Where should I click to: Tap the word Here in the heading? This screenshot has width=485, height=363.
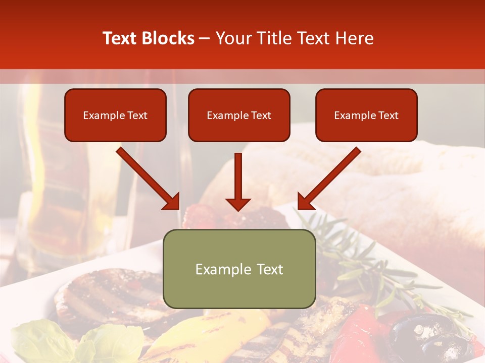[x=354, y=38]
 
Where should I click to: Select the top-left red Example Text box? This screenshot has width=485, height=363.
[x=115, y=115]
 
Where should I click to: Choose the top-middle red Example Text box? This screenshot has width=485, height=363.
[x=239, y=115]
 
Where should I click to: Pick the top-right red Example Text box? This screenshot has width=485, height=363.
[x=366, y=115]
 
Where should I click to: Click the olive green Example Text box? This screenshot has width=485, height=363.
[x=239, y=269]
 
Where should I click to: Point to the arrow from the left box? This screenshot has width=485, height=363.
[x=148, y=178]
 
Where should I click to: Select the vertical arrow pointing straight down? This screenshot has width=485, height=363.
[x=238, y=181]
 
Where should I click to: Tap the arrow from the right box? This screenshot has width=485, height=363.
[x=329, y=178]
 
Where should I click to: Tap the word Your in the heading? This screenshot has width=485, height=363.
[x=232, y=38]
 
